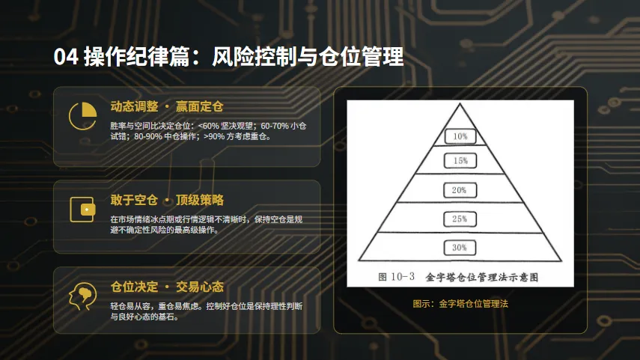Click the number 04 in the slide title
(x=66, y=57)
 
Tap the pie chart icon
(x=83, y=116)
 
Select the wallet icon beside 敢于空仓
(x=82, y=210)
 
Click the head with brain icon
(x=83, y=296)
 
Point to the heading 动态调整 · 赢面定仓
(x=167, y=106)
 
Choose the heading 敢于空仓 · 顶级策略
(x=167, y=200)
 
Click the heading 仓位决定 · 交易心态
(x=167, y=287)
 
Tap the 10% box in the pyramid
(x=460, y=136)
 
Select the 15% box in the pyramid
(x=460, y=161)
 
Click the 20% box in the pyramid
(x=460, y=190)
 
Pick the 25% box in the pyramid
(x=460, y=219)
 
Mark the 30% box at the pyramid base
(x=460, y=248)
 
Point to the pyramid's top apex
(x=460, y=104)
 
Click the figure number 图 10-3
(x=396, y=277)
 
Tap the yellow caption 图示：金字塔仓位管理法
(x=460, y=304)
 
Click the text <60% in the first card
(x=209, y=126)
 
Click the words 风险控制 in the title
(x=255, y=57)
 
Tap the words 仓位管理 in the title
(x=362, y=57)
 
